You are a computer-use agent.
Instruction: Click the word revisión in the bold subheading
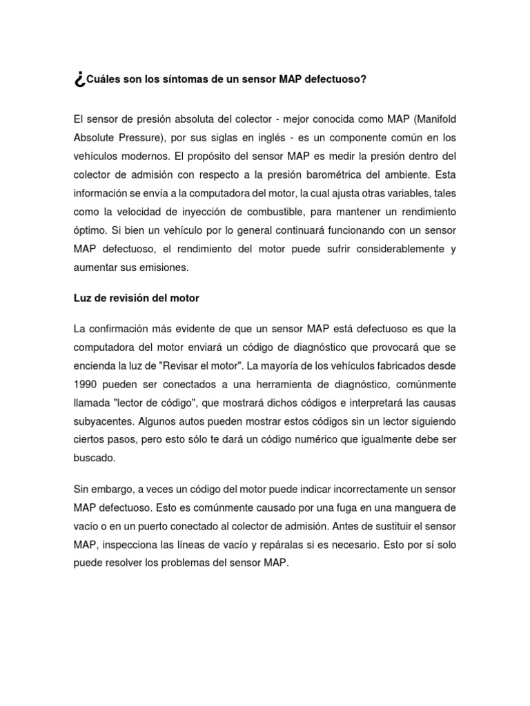123,299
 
